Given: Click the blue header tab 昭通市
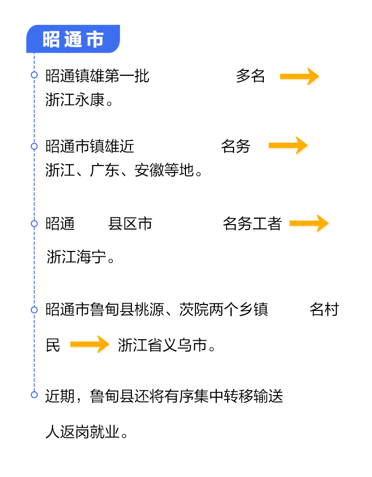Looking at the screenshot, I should pyautogui.click(x=73, y=39).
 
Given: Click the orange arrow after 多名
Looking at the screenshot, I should pyautogui.click(x=299, y=76).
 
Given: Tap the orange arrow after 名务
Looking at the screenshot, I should pyautogui.click(x=288, y=145).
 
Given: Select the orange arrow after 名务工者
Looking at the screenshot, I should pyautogui.click(x=309, y=223).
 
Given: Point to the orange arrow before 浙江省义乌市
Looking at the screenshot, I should pyautogui.click(x=89, y=344).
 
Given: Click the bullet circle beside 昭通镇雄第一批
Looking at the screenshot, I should pyautogui.click(x=34, y=75).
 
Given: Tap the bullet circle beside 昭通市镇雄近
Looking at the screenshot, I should pyautogui.click(x=34, y=146).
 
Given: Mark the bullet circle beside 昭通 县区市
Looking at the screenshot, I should pyautogui.click(x=34, y=224).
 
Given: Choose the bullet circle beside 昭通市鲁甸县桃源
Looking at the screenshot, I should pyautogui.click(x=34, y=310).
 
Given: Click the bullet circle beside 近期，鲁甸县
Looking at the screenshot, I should pyautogui.click(x=34, y=395).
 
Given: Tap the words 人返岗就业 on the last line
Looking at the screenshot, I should pyautogui.click(x=82, y=432).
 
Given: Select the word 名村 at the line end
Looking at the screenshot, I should pyautogui.click(x=324, y=310).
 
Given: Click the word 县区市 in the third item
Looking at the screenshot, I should pyautogui.click(x=130, y=224).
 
